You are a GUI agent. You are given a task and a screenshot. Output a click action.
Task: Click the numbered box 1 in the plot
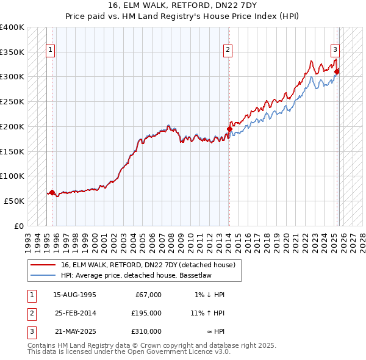[49, 51]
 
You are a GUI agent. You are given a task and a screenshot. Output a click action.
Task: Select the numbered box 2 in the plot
[228, 51]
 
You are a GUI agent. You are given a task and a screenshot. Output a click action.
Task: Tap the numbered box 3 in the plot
[335, 51]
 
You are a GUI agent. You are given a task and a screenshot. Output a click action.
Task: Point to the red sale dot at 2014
[229, 129]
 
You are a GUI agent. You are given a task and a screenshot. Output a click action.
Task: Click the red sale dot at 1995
[52, 192]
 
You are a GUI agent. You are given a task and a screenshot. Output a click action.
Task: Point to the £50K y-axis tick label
[14, 201]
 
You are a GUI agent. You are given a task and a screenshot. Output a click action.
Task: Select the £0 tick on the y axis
[19, 226]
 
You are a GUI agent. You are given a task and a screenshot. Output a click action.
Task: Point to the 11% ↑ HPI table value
[207, 313]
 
